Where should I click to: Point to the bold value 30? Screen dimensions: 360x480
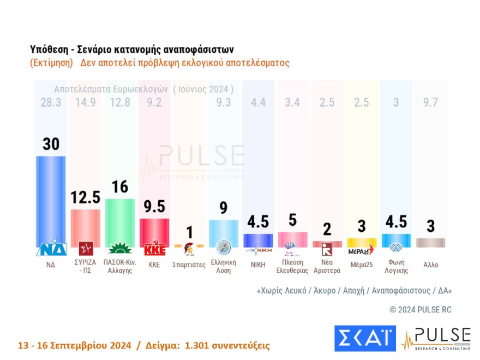click(x=51, y=144)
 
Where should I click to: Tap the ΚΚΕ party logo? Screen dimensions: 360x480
click(x=154, y=250)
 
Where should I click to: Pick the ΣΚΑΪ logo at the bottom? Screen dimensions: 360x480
click(x=364, y=338)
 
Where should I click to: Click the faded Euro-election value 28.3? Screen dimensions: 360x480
click(x=51, y=103)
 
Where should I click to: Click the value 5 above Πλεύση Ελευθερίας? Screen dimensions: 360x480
click(x=292, y=220)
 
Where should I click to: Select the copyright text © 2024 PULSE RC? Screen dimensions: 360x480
click(x=421, y=309)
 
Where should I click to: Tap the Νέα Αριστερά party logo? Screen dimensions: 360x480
click(x=327, y=250)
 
